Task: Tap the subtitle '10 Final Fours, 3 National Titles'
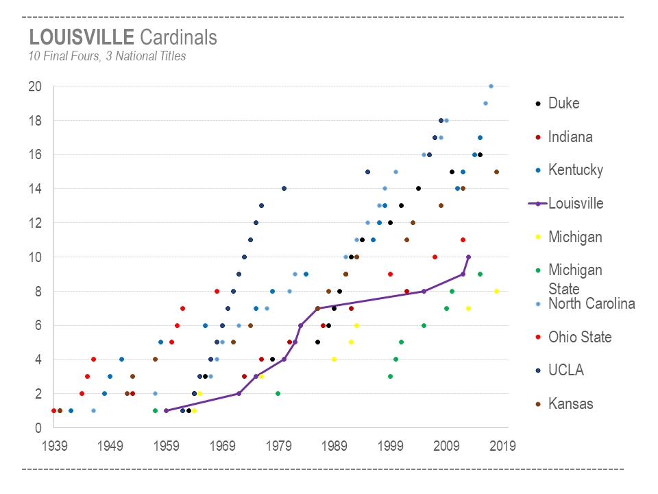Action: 107,57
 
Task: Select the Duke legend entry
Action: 563,104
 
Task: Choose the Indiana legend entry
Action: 570,137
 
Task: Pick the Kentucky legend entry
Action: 575,170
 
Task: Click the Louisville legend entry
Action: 576,204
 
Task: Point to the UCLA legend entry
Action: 566,370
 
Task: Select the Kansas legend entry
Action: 570,404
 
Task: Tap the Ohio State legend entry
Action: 580,338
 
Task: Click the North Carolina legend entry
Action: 592,304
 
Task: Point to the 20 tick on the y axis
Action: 35,86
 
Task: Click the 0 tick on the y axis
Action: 38,428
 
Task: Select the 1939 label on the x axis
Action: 53,446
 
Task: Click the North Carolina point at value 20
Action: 491,86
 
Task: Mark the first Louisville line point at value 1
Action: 166,411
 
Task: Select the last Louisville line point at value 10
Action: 468,257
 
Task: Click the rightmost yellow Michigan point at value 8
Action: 496,292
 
